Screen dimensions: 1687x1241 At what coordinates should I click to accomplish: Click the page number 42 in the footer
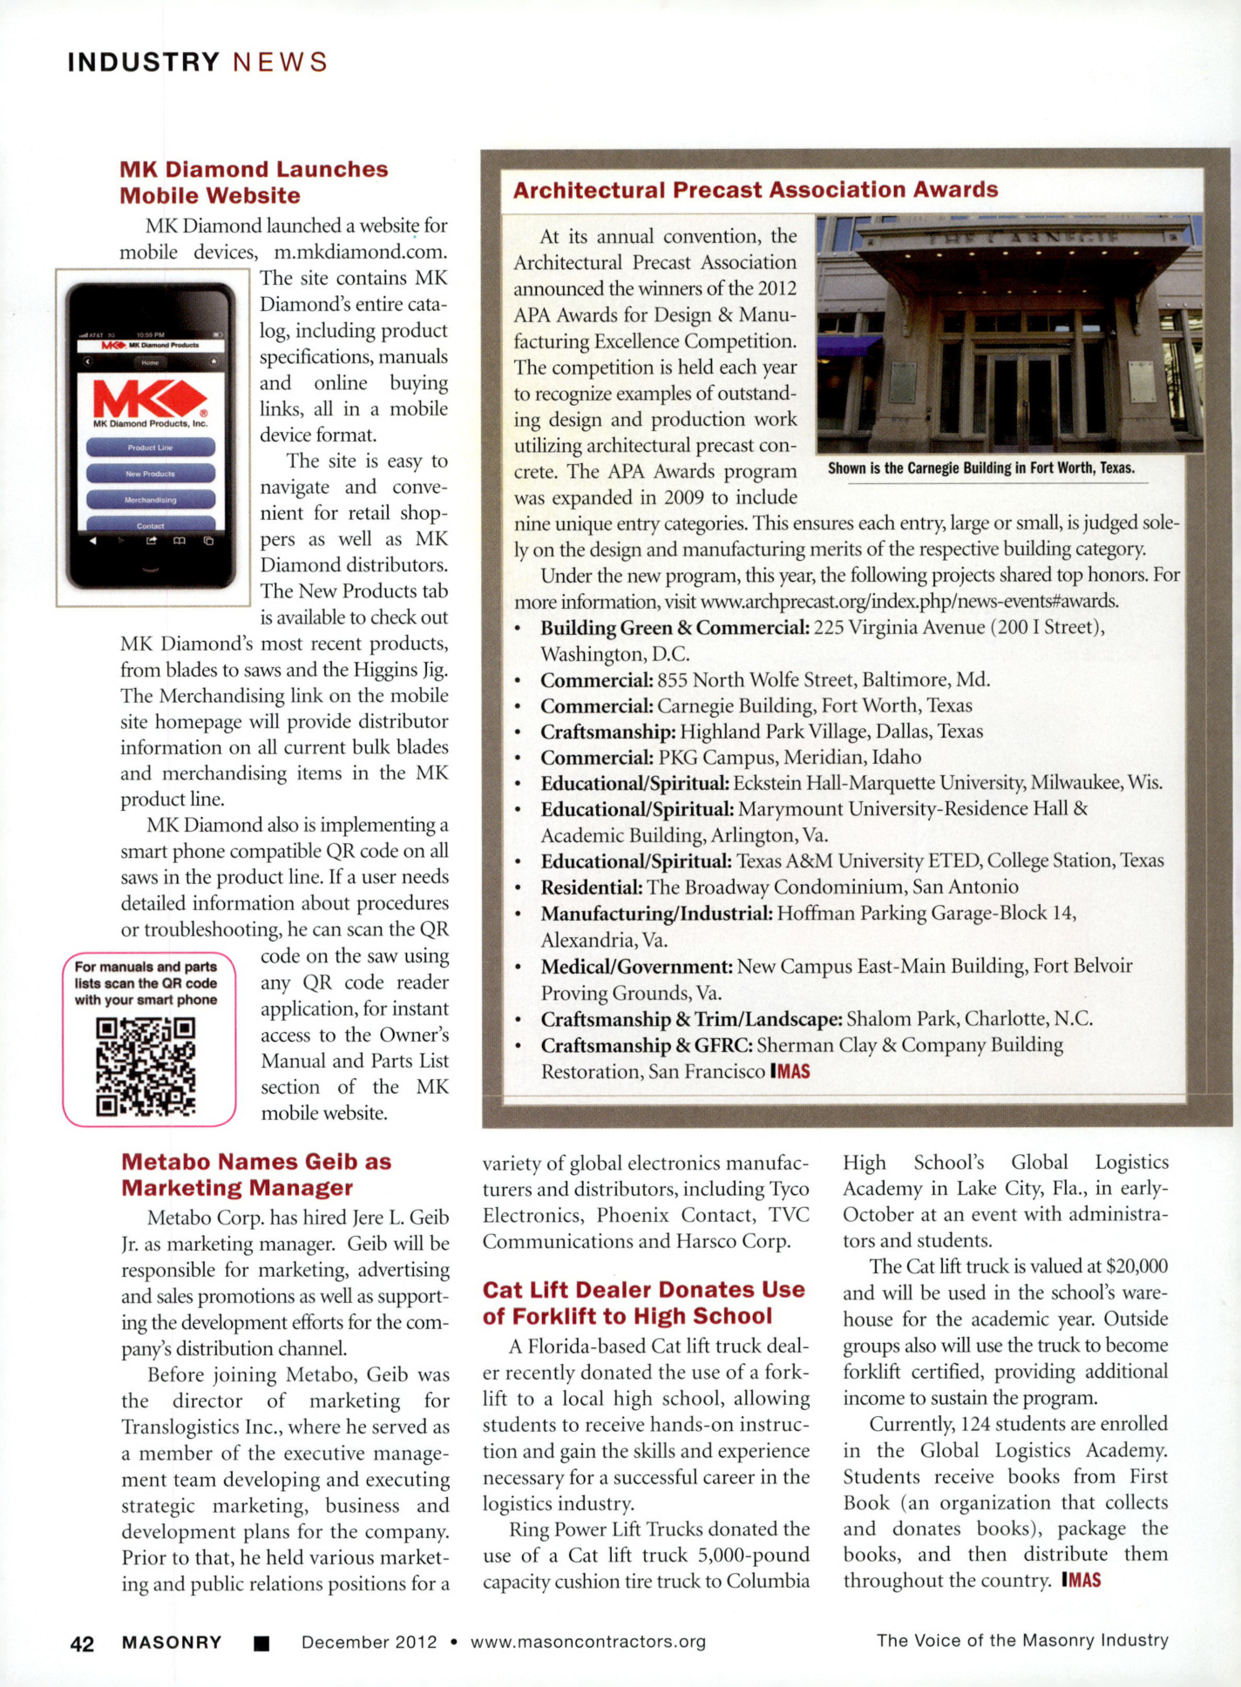pyautogui.click(x=82, y=1643)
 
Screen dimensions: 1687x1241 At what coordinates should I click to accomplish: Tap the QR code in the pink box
pyautogui.click(x=146, y=1067)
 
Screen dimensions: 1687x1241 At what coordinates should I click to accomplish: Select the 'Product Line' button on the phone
pyautogui.click(x=150, y=448)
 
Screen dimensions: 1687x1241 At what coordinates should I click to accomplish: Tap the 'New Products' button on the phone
pyautogui.click(x=150, y=474)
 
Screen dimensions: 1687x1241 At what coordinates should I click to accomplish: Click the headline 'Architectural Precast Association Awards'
pyautogui.click(x=755, y=190)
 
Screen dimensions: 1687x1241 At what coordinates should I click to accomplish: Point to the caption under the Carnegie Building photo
pyautogui.click(x=980, y=469)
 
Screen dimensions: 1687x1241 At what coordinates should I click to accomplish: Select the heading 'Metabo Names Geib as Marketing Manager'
pyautogui.click(x=256, y=1175)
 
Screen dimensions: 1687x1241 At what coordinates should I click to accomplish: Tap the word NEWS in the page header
pyautogui.click(x=280, y=63)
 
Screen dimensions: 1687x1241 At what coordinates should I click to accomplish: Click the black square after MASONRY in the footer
pyautogui.click(x=261, y=1643)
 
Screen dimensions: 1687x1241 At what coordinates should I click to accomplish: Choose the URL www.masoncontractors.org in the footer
pyautogui.click(x=588, y=1642)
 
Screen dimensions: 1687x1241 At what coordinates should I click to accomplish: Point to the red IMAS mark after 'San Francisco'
pyautogui.click(x=790, y=1071)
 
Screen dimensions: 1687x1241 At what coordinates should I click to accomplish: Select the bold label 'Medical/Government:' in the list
pyautogui.click(x=636, y=967)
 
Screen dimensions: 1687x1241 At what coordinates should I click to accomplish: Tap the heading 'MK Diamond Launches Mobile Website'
pyautogui.click(x=254, y=182)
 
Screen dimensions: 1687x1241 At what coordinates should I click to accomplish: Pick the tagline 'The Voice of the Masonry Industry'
pyautogui.click(x=1021, y=1641)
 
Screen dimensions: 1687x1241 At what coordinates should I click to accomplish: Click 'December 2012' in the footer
pyautogui.click(x=369, y=1642)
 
